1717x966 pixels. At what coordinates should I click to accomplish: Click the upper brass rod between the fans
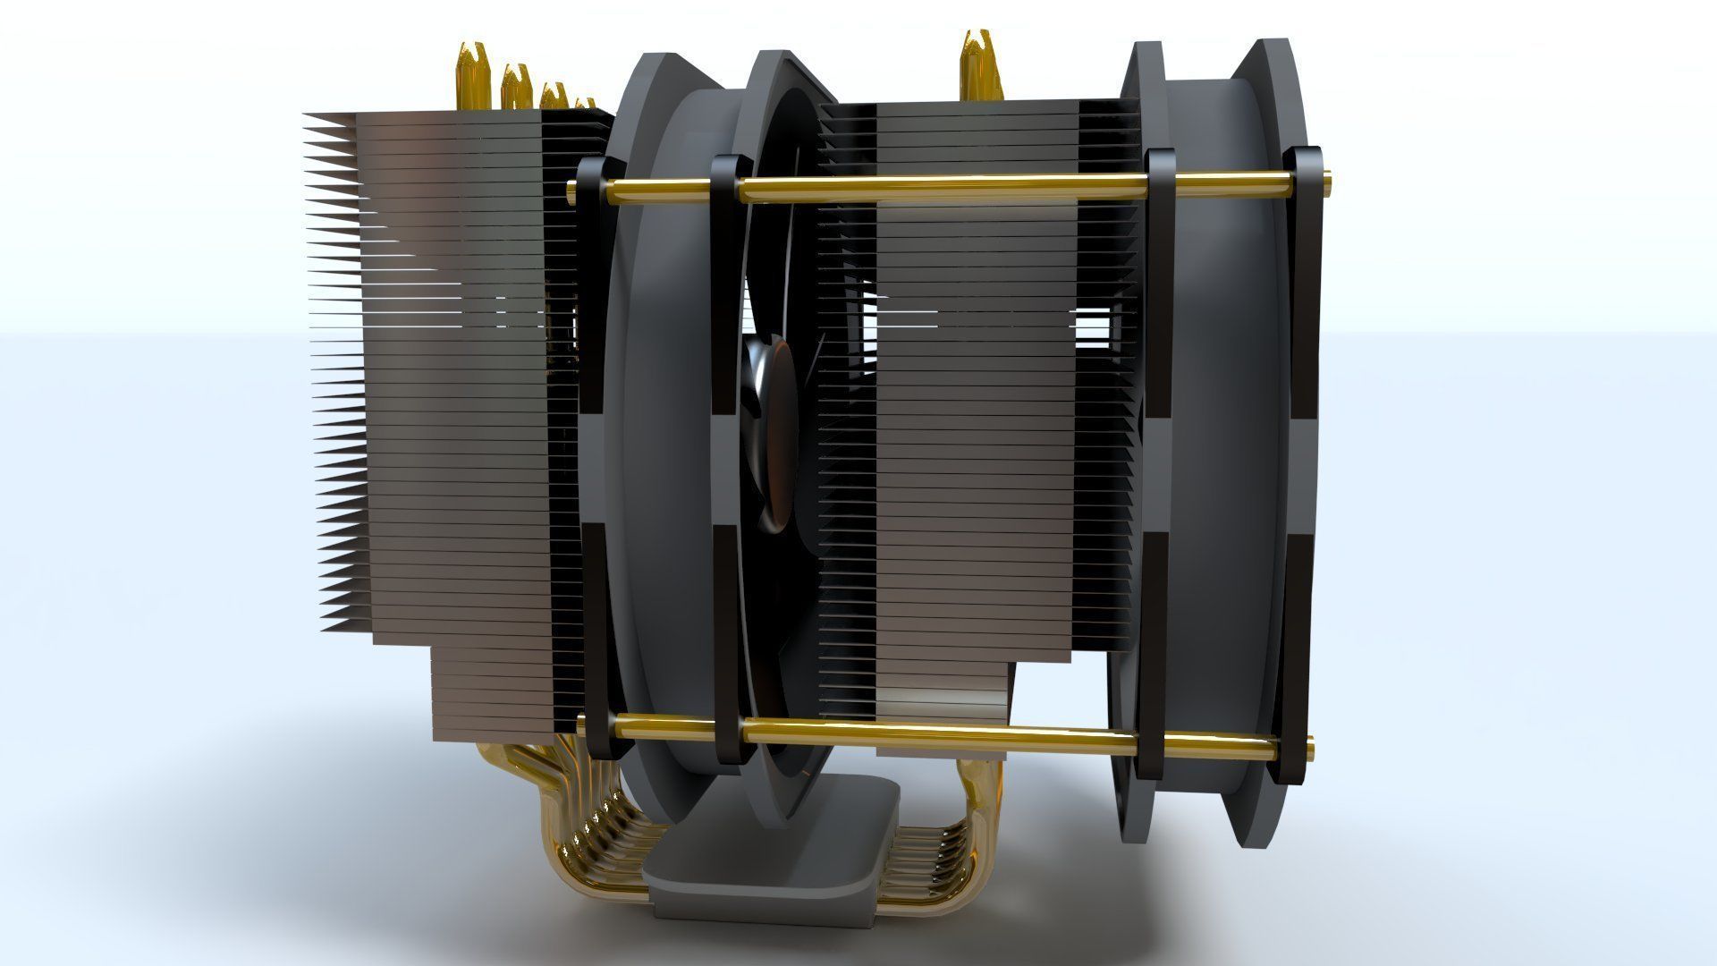pos(939,187)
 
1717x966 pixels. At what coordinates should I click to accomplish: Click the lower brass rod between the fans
pos(939,735)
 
